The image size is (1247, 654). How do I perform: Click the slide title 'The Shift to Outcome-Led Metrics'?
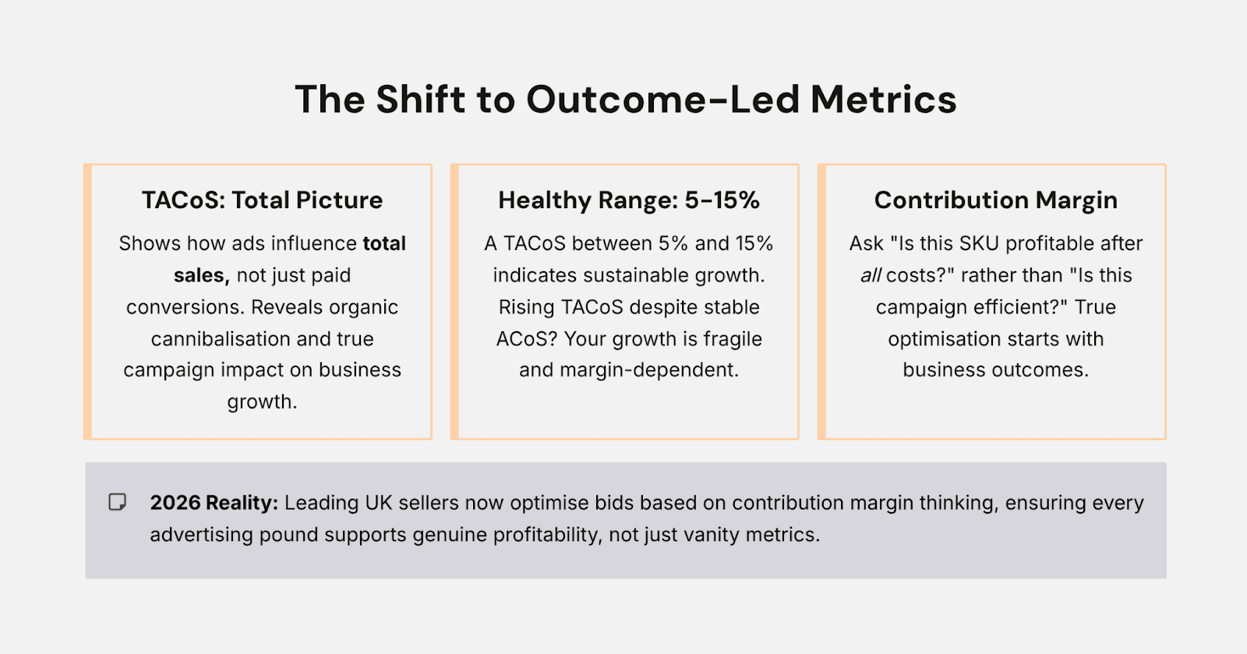tap(625, 100)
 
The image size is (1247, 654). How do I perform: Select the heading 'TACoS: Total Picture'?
tap(262, 200)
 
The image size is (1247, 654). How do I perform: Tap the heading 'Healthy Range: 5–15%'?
tap(629, 200)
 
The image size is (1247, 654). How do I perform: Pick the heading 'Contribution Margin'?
tap(995, 200)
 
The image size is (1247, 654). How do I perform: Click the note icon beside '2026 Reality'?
tap(117, 502)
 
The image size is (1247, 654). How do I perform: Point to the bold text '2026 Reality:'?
tap(214, 503)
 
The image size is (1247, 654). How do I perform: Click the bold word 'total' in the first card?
tap(384, 244)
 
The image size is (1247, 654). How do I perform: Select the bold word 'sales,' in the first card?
tap(201, 276)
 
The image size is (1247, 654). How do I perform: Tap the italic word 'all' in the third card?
tap(871, 276)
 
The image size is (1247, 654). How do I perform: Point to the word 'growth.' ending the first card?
tap(262, 402)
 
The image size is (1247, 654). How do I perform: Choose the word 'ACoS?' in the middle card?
tap(527, 339)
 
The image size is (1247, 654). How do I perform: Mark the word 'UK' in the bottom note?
tap(379, 503)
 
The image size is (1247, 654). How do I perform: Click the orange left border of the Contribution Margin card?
tap(821, 302)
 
